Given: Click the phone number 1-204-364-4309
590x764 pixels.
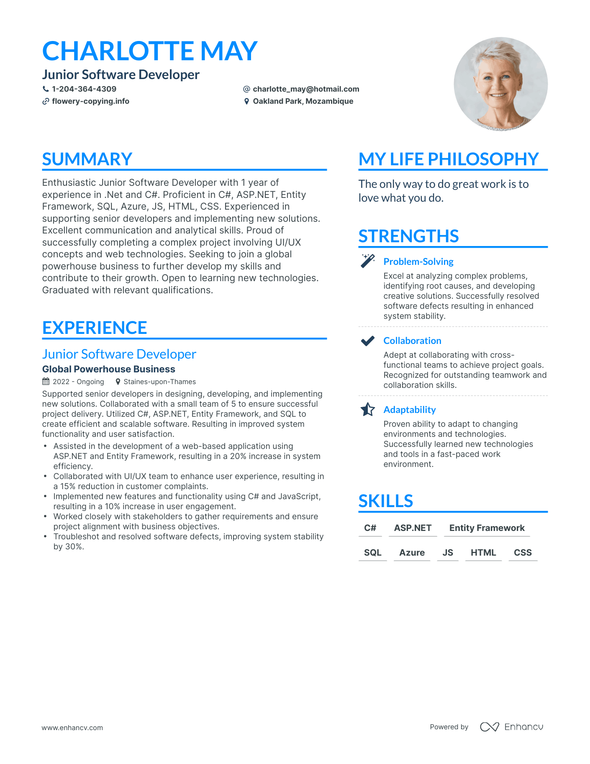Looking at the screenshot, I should click(84, 89).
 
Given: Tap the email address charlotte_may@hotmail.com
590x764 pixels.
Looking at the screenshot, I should click(306, 89).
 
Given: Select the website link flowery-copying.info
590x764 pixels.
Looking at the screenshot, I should click(90, 101).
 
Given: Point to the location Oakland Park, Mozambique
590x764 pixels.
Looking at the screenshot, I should click(303, 101).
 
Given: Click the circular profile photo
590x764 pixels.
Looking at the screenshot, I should click(500, 84).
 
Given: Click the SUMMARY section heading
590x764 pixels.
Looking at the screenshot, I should click(87, 159).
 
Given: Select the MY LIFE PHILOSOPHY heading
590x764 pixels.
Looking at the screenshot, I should click(449, 159).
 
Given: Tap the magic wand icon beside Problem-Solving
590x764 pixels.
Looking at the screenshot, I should click(367, 261).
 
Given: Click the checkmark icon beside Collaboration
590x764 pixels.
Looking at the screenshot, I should click(367, 341).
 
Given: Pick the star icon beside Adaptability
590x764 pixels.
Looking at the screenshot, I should click(367, 410).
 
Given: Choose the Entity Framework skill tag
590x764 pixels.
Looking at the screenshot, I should click(487, 528).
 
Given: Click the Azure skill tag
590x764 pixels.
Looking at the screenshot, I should click(412, 553).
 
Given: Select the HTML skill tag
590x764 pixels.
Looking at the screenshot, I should click(483, 553).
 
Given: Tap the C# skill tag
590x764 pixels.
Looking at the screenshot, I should click(370, 528).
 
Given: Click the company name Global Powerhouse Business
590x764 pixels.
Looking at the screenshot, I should click(109, 369).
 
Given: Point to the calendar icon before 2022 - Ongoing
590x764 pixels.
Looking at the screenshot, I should click(46, 382).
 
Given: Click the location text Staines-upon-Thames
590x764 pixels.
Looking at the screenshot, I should click(159, 382).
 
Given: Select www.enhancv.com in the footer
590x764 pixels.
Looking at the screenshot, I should click(72, 728).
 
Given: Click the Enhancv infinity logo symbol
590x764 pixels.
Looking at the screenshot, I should click(489, 727).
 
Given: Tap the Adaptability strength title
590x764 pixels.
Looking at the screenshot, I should click(410, 410).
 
